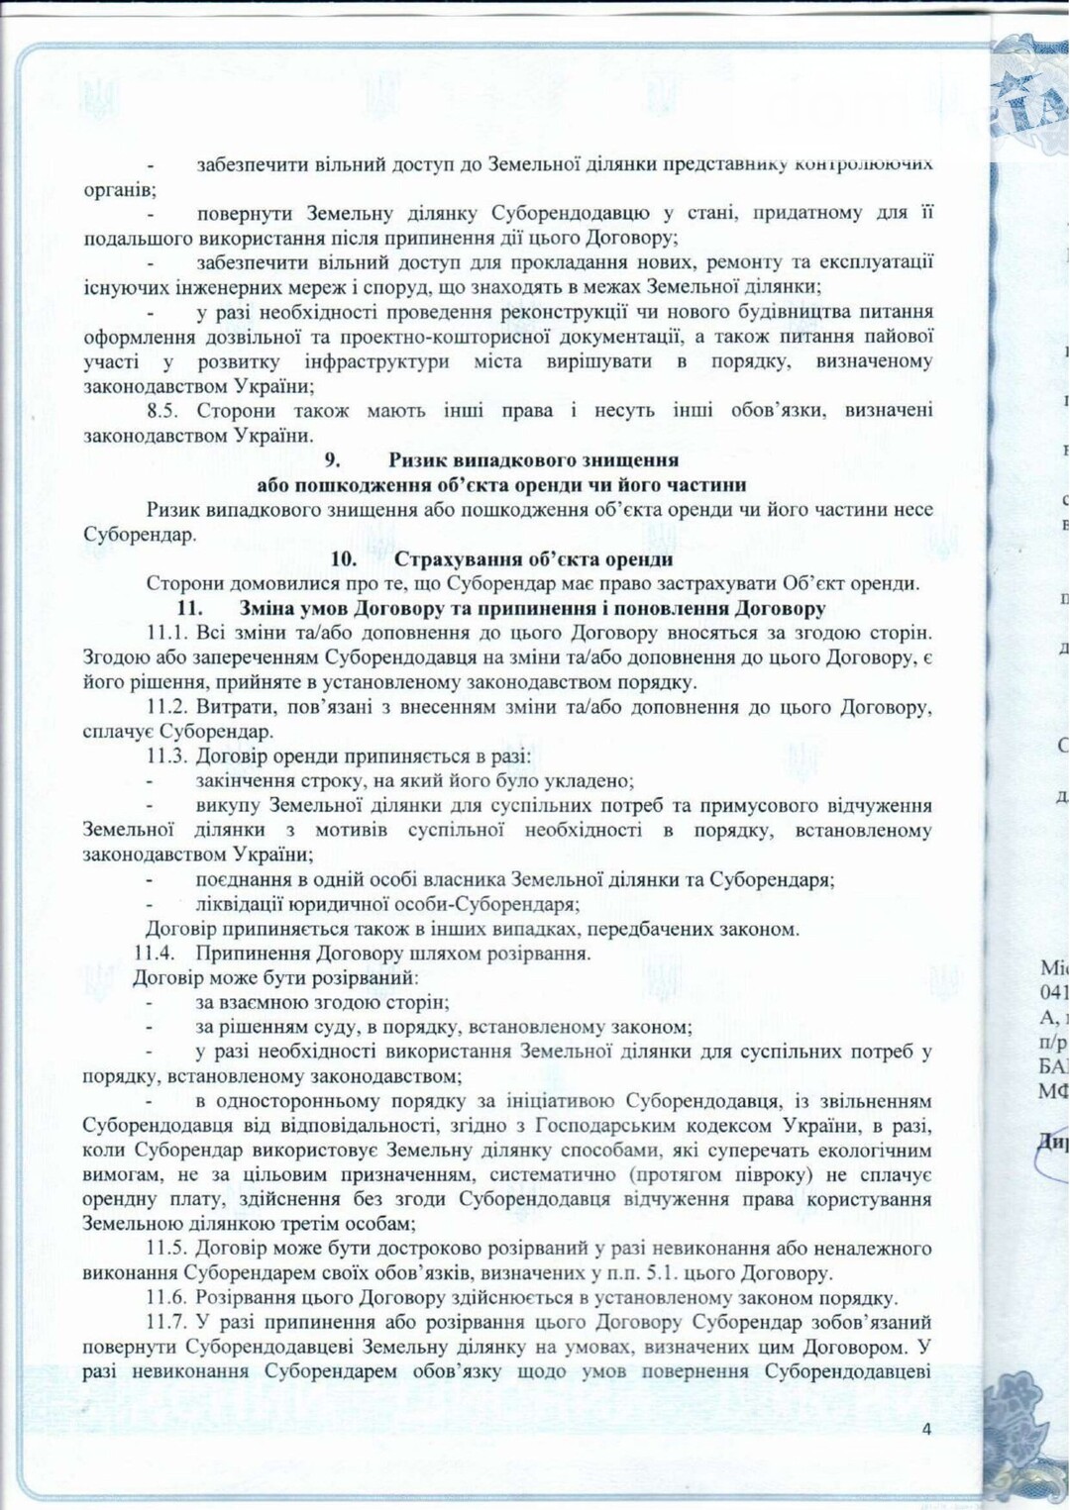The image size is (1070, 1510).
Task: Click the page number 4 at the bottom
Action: (926, 1429)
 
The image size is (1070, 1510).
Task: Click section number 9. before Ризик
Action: (333, 460)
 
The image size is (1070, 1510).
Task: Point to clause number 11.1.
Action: (166, 633)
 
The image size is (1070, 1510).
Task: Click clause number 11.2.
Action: (166, 707)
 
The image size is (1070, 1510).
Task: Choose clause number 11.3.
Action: (166, 756)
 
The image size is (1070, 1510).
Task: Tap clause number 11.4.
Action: (155, 954)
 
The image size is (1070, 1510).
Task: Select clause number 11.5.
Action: (166, 1249)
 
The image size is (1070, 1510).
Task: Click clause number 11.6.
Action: (166, 1298)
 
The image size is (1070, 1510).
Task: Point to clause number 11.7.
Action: (166, 1323)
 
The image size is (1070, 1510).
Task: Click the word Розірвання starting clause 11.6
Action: (244, 1298)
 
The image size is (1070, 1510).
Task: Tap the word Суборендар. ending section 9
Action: (140, 535)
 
